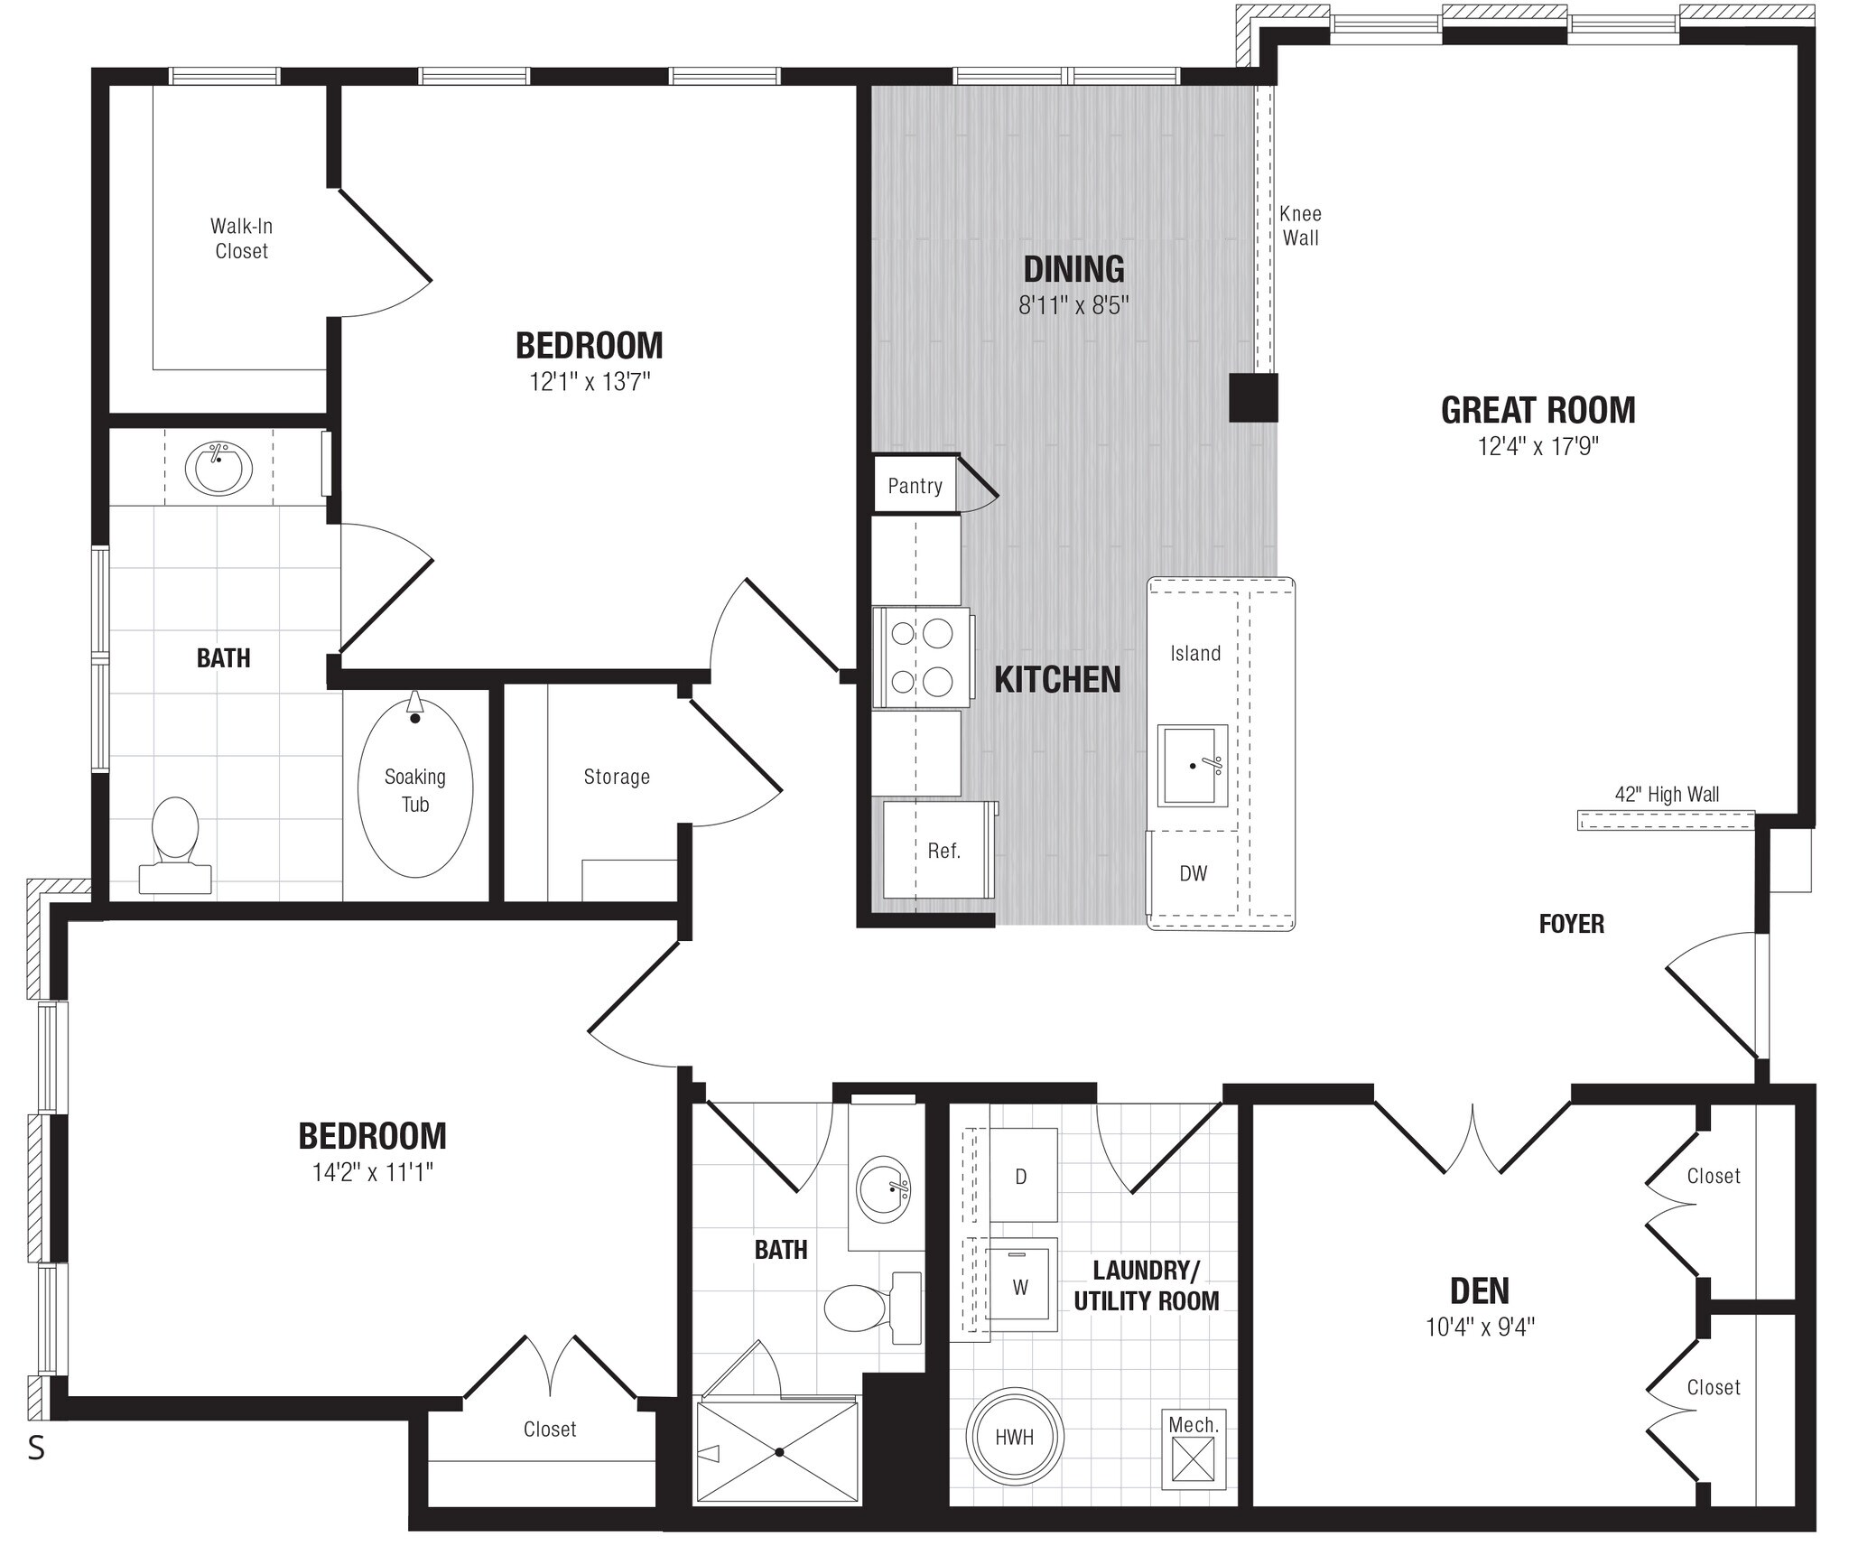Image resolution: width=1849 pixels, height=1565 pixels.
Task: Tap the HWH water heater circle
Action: (1014, 1436)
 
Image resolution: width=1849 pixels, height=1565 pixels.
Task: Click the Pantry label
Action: (915, 486)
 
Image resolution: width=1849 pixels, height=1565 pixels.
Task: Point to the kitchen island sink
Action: (1192, 765)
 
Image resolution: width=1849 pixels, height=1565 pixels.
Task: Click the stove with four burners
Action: (922, 657)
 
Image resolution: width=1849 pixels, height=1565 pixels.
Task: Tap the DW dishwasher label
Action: (1193, 873)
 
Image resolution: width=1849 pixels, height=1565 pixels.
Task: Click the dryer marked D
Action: (1021, 1177)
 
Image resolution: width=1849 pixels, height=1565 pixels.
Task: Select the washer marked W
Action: (1020, 1287)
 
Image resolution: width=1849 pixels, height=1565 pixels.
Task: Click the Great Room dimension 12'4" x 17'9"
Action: (1538, 446)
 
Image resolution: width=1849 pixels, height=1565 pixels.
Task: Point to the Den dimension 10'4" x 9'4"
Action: (1480, 1327)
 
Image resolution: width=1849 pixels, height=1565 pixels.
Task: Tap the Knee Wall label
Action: (1300, 226)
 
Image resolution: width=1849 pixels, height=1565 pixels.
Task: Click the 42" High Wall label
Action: (1667, 795)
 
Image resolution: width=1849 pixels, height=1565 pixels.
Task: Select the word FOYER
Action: (1571, 924)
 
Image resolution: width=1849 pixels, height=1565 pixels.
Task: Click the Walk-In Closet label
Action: (241, 238)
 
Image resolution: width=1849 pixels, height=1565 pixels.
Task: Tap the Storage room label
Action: (617, 777)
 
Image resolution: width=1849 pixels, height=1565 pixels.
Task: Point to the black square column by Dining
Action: (1253, 397)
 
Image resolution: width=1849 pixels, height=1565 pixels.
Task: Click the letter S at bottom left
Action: (36, 1448)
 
